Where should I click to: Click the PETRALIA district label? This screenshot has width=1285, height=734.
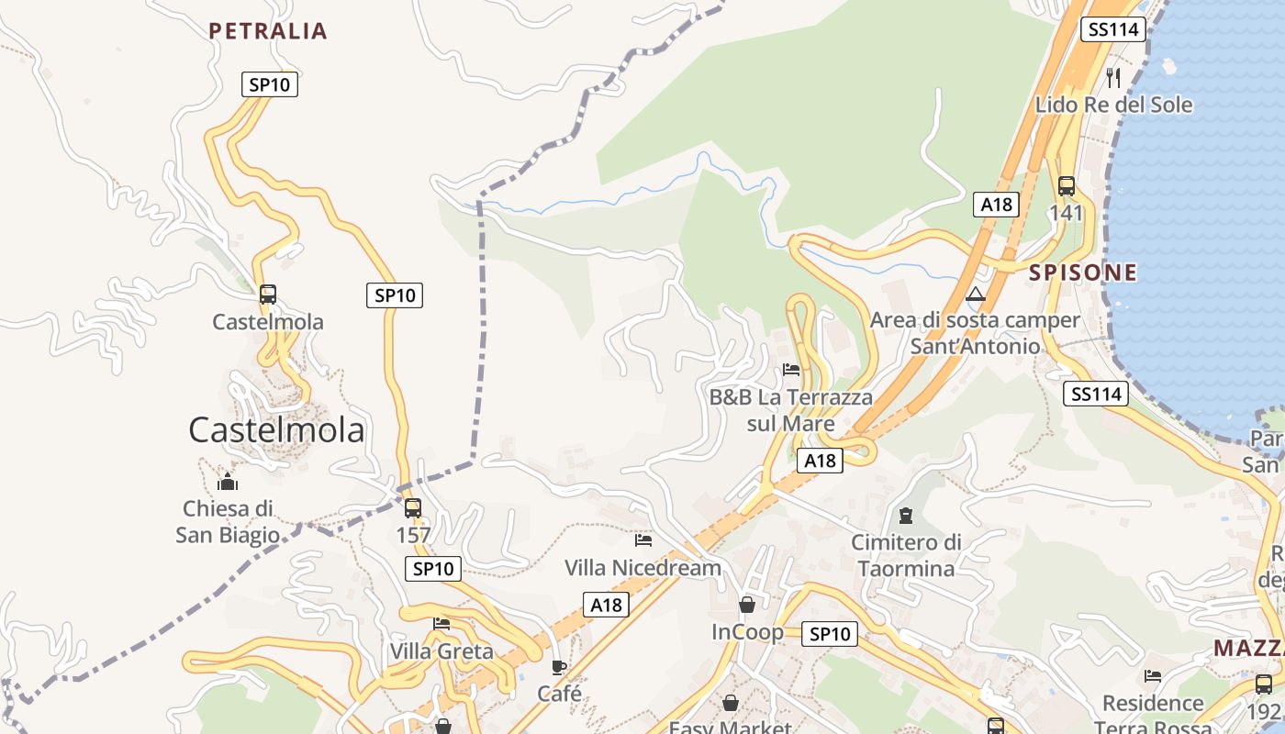pos(268,31)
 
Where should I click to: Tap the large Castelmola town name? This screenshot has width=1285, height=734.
pos(276,429)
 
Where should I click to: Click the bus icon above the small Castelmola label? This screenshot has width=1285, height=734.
pos(268,295)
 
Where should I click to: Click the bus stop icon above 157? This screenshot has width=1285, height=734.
pos(413,507)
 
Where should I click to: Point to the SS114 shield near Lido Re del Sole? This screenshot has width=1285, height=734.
pos(1112,29)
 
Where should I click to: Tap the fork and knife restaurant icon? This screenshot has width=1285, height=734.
pos(1113,77)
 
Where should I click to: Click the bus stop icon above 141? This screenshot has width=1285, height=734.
pos(1066,186)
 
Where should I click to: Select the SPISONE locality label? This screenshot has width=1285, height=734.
pos(1083,272)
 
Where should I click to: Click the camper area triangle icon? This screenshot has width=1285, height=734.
pos(975,295)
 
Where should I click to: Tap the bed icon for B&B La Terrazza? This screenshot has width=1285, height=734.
pos(791,370)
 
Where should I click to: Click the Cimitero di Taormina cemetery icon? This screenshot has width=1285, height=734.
pos(906,516)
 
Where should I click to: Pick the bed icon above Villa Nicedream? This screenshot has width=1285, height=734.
pos(642,540)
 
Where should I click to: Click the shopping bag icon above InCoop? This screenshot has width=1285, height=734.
pos(747,605)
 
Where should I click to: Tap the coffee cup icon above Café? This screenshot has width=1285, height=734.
pos(559,667)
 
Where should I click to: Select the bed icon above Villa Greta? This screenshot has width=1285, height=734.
pos(441,624)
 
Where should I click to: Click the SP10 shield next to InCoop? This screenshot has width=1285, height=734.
pos(829,634)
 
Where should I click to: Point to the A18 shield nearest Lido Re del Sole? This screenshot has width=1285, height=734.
pos(996,205)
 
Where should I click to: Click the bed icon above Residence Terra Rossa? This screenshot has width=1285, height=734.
pos(1153,676)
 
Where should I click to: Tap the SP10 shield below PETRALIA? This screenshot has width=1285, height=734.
pos(270,84)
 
